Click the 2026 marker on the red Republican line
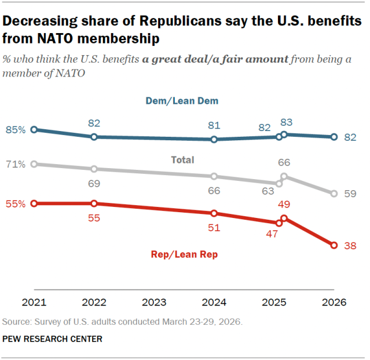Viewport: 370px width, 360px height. [334, 246]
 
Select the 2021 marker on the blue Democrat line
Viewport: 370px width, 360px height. [34, 130]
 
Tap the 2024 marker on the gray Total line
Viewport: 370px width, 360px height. [214, 176]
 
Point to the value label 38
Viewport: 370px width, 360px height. [350, 246]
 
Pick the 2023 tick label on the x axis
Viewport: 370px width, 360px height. [154, 303]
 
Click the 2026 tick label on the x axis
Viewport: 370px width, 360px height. [334, 303]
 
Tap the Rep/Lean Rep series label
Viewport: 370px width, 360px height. [184, 254]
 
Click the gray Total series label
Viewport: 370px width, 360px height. [182, 160]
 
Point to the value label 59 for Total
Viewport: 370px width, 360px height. [350, 194]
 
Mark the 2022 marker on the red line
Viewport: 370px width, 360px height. [94, 203]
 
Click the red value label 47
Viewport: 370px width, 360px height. [272, 234]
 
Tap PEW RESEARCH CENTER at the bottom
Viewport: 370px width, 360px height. [53, 339]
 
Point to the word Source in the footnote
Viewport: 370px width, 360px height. [17, 321]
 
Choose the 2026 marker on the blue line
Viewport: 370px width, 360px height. [334, 137]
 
